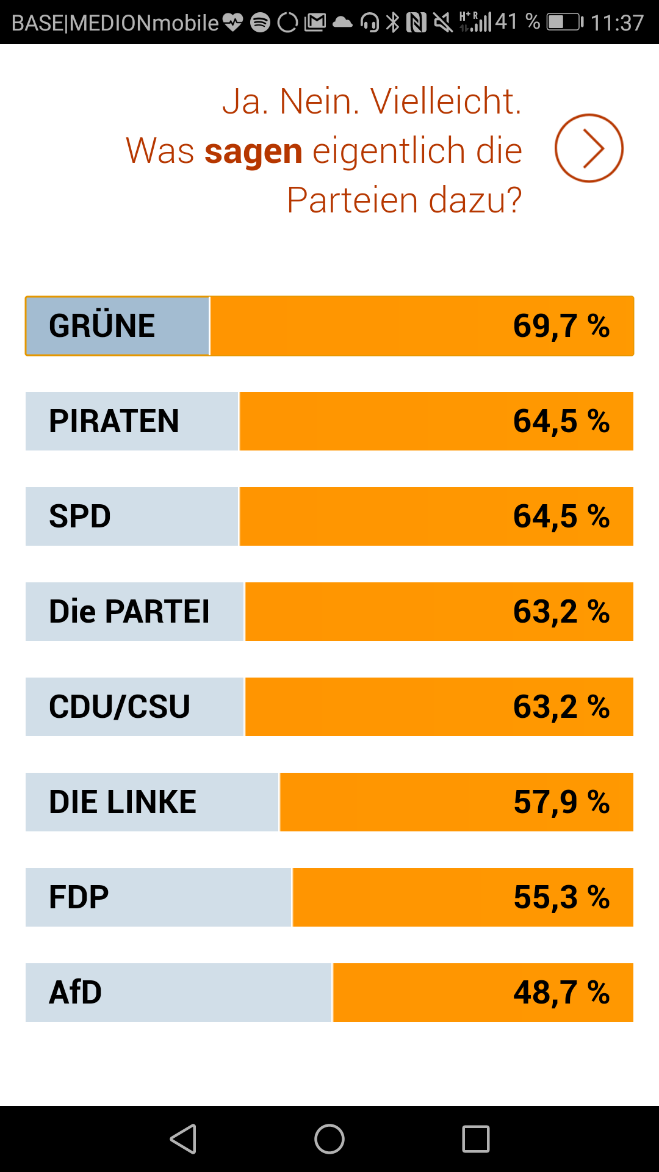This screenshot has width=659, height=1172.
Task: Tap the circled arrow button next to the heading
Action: tap(589, 148)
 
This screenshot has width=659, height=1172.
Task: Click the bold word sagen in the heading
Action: tap(253, 151)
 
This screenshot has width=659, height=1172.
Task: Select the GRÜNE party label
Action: tap(102, 326)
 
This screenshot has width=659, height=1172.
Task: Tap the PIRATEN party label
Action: tap(114, 421)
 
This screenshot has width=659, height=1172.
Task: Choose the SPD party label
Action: tap(80, 516)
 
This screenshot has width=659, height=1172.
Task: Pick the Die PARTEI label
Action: tap(129, 612)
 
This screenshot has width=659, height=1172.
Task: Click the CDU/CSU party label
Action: tap(120, 707)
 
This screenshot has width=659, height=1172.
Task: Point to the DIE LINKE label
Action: tap(123, 802)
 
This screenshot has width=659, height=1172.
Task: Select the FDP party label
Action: tap(79, 897)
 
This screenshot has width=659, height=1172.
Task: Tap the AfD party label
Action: tap(76, 993)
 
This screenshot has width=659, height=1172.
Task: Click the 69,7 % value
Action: tap(561, 326)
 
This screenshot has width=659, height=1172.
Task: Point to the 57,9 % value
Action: tap(561, 802)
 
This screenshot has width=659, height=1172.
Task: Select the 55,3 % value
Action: tap(561, 897)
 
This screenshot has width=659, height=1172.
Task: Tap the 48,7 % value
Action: tap(561, 993)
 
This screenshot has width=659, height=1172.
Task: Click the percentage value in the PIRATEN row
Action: tap(561, 421)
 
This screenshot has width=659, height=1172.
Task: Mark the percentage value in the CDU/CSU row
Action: tap(561, 707)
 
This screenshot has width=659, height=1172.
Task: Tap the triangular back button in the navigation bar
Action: tap(183, 1139)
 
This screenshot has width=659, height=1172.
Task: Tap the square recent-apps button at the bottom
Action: tap(476, 1139)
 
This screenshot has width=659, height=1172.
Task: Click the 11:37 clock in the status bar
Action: tap(617, 23)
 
